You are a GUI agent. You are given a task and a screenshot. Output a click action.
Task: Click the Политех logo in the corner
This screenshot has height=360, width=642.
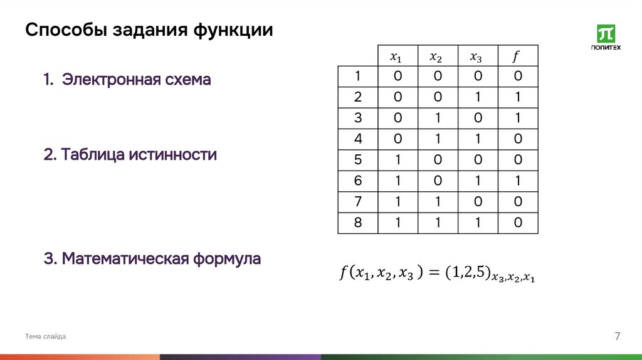(x=606, y=38)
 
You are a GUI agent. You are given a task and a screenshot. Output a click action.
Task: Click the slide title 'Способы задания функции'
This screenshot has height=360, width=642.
(x=149, y=30)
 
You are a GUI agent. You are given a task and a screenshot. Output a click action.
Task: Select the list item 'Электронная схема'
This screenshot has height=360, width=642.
(x=127, y=80)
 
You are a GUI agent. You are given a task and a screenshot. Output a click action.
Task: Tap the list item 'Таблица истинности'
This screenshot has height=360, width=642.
(x=130, y=154)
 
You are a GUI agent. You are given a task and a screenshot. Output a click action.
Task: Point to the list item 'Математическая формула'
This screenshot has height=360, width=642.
(x=152, y=258)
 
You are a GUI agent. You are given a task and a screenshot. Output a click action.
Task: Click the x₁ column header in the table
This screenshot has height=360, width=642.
(x=396, y=56)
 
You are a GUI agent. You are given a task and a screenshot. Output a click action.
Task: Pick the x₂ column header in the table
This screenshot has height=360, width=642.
(x=436, y=56)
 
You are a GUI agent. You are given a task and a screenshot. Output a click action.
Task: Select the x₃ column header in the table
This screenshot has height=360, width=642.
(x=476, y=56)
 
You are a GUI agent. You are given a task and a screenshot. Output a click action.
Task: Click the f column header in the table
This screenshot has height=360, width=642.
(x=517, y=56)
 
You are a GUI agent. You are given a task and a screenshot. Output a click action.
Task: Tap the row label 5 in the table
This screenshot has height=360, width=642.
(x=357, y=160)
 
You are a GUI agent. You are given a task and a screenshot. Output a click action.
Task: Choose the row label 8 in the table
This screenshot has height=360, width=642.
(x=357, y=223)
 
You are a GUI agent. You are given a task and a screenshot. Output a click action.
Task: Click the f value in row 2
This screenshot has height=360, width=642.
(x=517, y=97)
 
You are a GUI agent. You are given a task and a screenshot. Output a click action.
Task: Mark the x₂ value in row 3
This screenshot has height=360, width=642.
(x=437, y=119)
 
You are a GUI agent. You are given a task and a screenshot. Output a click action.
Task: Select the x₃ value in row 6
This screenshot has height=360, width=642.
(x=477, y=181)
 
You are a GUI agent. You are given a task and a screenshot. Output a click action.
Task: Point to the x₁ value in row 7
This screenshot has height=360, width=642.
(x=397, y=202)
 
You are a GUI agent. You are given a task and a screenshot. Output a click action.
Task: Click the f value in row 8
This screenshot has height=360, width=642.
(x=517, y=223)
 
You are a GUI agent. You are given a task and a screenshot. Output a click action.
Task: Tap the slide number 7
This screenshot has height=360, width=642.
(x=617, y=337)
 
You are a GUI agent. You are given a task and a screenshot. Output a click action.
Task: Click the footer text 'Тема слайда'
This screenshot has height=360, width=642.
(x=45, y=337)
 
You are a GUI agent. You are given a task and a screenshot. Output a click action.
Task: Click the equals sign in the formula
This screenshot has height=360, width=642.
(x=432, y=273)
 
